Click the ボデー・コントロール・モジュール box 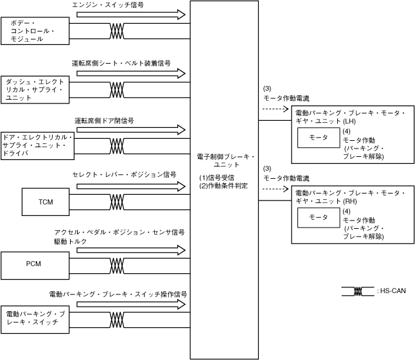(x=35, y=31)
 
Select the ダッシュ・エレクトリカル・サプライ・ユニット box (x=36, y=90)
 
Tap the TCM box (x=46, y=202)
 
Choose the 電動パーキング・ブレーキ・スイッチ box (x=35, y=318)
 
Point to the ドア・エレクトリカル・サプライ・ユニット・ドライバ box (x=38, y=145)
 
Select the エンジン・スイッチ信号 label (x=108, y=4)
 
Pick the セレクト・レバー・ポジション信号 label (x=124, y=174)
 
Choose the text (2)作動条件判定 (x=224, y=186)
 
